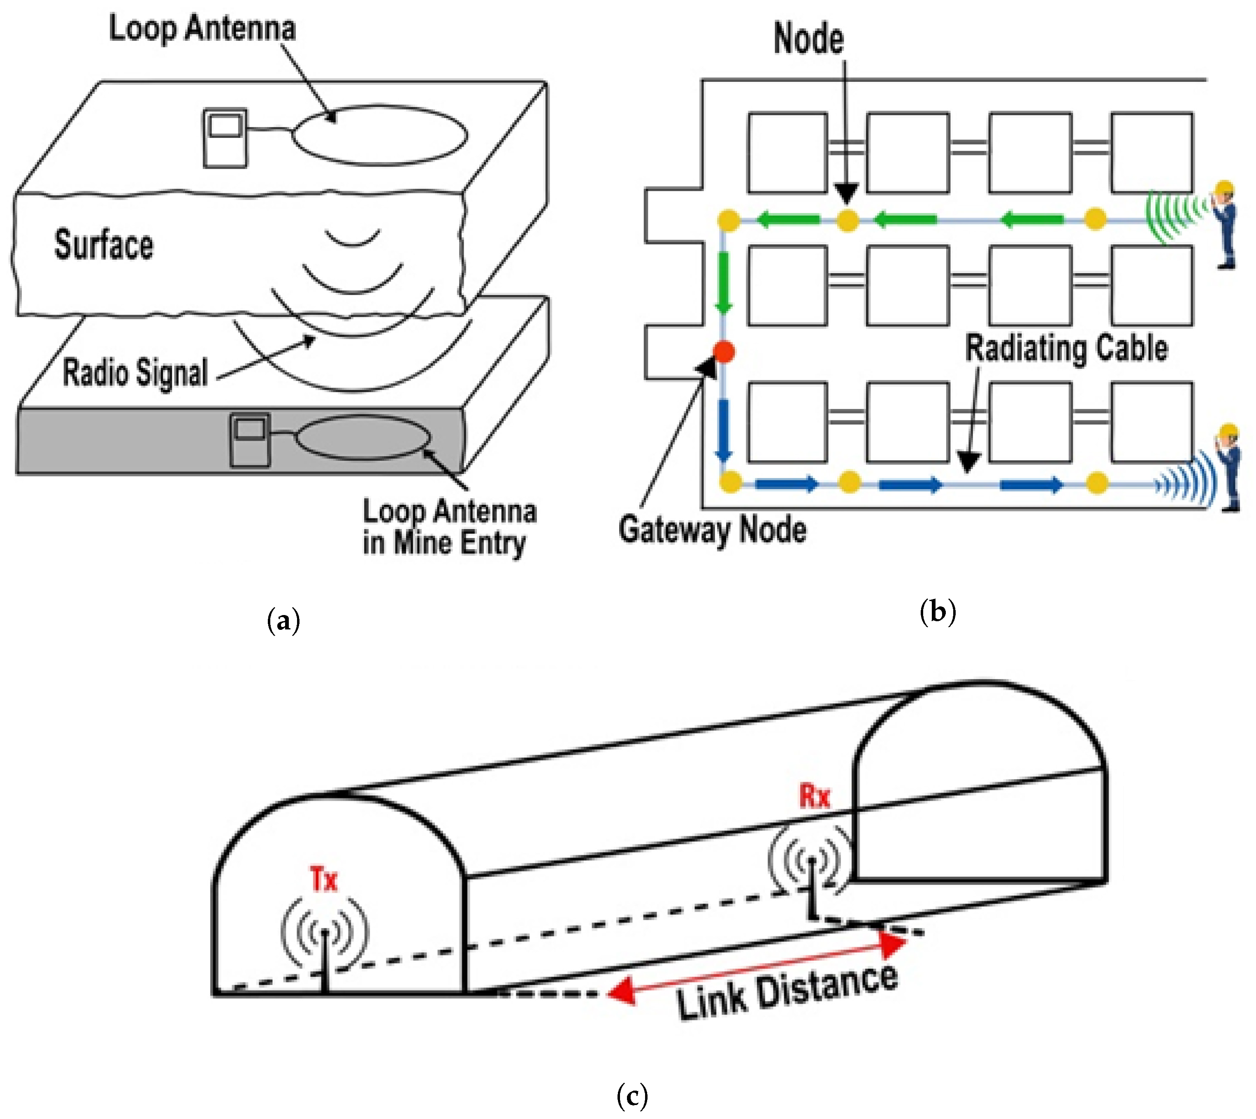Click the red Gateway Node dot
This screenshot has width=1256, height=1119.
point(724,352)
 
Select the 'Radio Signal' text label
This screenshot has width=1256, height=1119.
point(136,373)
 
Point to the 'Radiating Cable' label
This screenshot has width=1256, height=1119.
point(1067,348)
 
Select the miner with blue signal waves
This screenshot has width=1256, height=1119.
point(1228,467)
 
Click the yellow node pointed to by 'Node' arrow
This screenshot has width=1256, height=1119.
point(847,220)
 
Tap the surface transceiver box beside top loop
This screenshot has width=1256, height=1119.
point(225,138)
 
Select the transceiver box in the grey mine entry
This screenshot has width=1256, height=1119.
point(250,440)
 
